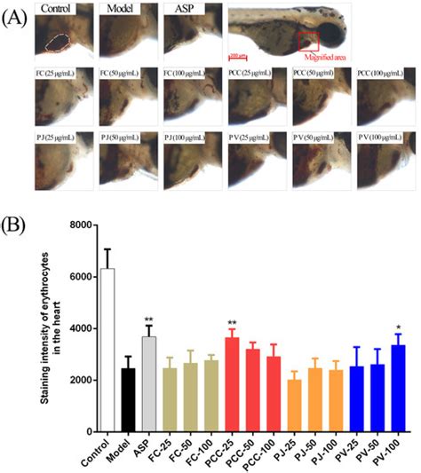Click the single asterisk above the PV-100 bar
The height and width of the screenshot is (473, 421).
point(399,327)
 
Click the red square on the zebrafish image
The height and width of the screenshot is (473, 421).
point(308,41)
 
